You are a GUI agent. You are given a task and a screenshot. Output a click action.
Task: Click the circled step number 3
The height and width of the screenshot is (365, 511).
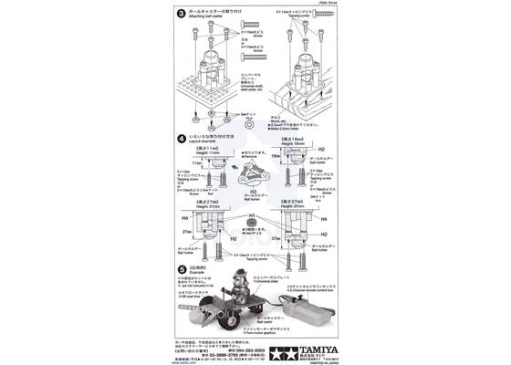(181, 15)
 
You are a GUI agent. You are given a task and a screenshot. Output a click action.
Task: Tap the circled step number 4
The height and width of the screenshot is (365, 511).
(181, 138)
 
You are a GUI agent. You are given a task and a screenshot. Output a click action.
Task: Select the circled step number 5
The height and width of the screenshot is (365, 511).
(181, 268)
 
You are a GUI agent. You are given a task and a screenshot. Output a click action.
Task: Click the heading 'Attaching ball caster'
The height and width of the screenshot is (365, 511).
(208, 19)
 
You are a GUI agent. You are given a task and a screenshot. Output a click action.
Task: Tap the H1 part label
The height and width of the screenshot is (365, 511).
(253, 217)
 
